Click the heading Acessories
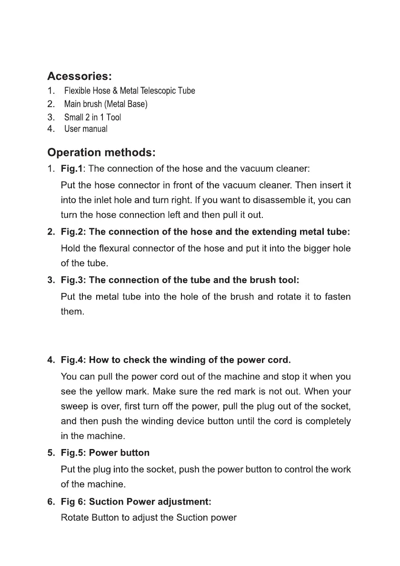click(80, 76)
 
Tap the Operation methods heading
click(101, 153)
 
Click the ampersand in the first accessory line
click(115, 91)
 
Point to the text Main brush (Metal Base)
click(106, 104)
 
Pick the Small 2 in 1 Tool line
click(92, 117)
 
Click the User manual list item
click(86, 129)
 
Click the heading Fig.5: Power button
click(105, 453)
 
